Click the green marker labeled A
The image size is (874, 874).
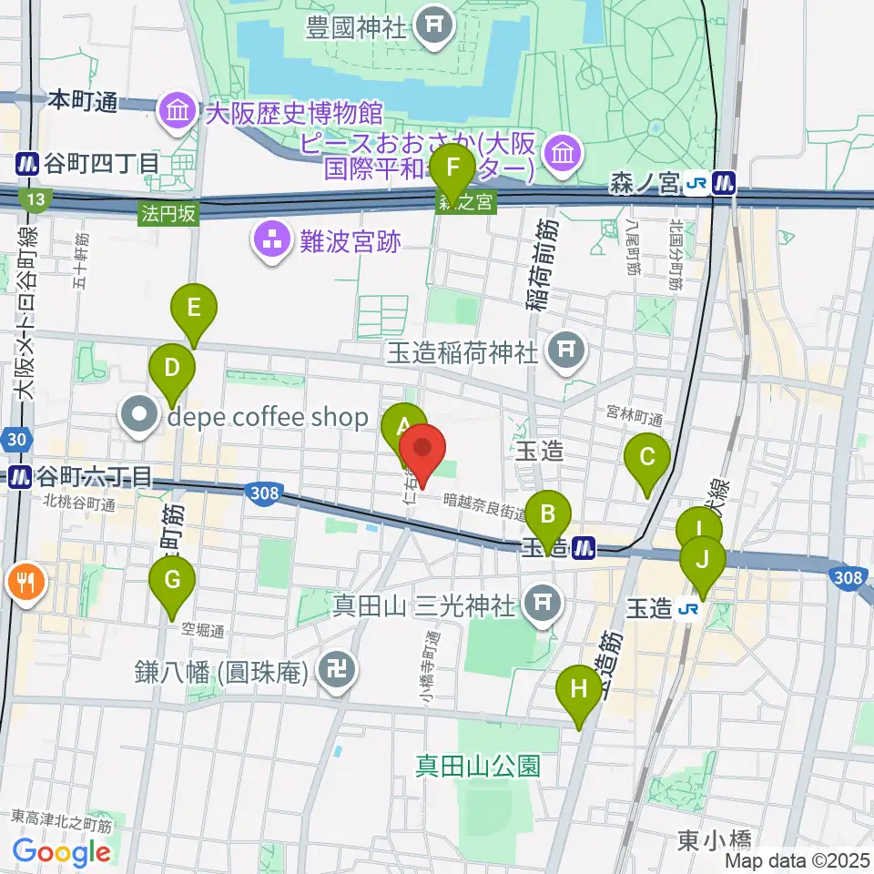point(402,425)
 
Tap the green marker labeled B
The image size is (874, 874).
point(548,514)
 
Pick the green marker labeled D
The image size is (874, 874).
point(173,369)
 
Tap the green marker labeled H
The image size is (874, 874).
point(579,688)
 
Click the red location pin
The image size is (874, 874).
point(423,450)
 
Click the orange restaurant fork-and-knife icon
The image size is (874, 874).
point(24,581)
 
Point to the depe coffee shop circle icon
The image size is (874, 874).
point(141,417)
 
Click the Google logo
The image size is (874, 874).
point(62,852)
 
